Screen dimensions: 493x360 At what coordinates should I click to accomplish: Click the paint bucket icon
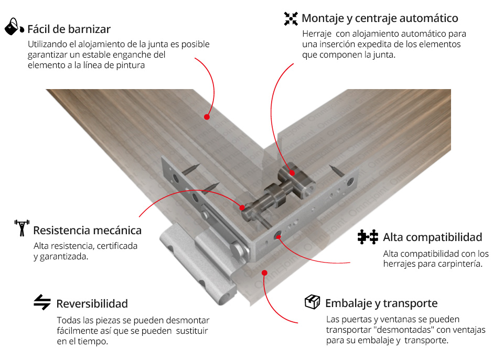point(14,26)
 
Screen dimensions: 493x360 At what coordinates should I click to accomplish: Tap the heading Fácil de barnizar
point(69,29)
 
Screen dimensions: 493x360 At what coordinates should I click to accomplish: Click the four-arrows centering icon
point(291,18)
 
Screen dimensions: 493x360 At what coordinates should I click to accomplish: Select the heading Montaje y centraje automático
point(380,18)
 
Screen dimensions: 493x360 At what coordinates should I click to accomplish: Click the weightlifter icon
point(22,228)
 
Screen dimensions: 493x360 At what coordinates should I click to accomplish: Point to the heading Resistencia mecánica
point(88,230)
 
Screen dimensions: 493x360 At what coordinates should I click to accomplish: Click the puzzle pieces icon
point(368,237)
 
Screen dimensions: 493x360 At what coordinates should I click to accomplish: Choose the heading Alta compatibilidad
point(432,237)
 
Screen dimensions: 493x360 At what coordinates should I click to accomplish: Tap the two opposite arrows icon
point(42,302)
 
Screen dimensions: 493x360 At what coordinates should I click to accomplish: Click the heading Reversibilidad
point(92,304)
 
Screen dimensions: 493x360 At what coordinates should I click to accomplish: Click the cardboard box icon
point(312,302)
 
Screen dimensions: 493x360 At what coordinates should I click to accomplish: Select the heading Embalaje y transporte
point(381,303)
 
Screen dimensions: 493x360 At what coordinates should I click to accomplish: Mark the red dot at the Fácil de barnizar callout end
point(207,117)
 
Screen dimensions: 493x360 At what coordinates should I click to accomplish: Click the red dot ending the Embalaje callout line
point(265,272)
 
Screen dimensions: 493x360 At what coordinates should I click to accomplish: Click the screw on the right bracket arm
point(336,170)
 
